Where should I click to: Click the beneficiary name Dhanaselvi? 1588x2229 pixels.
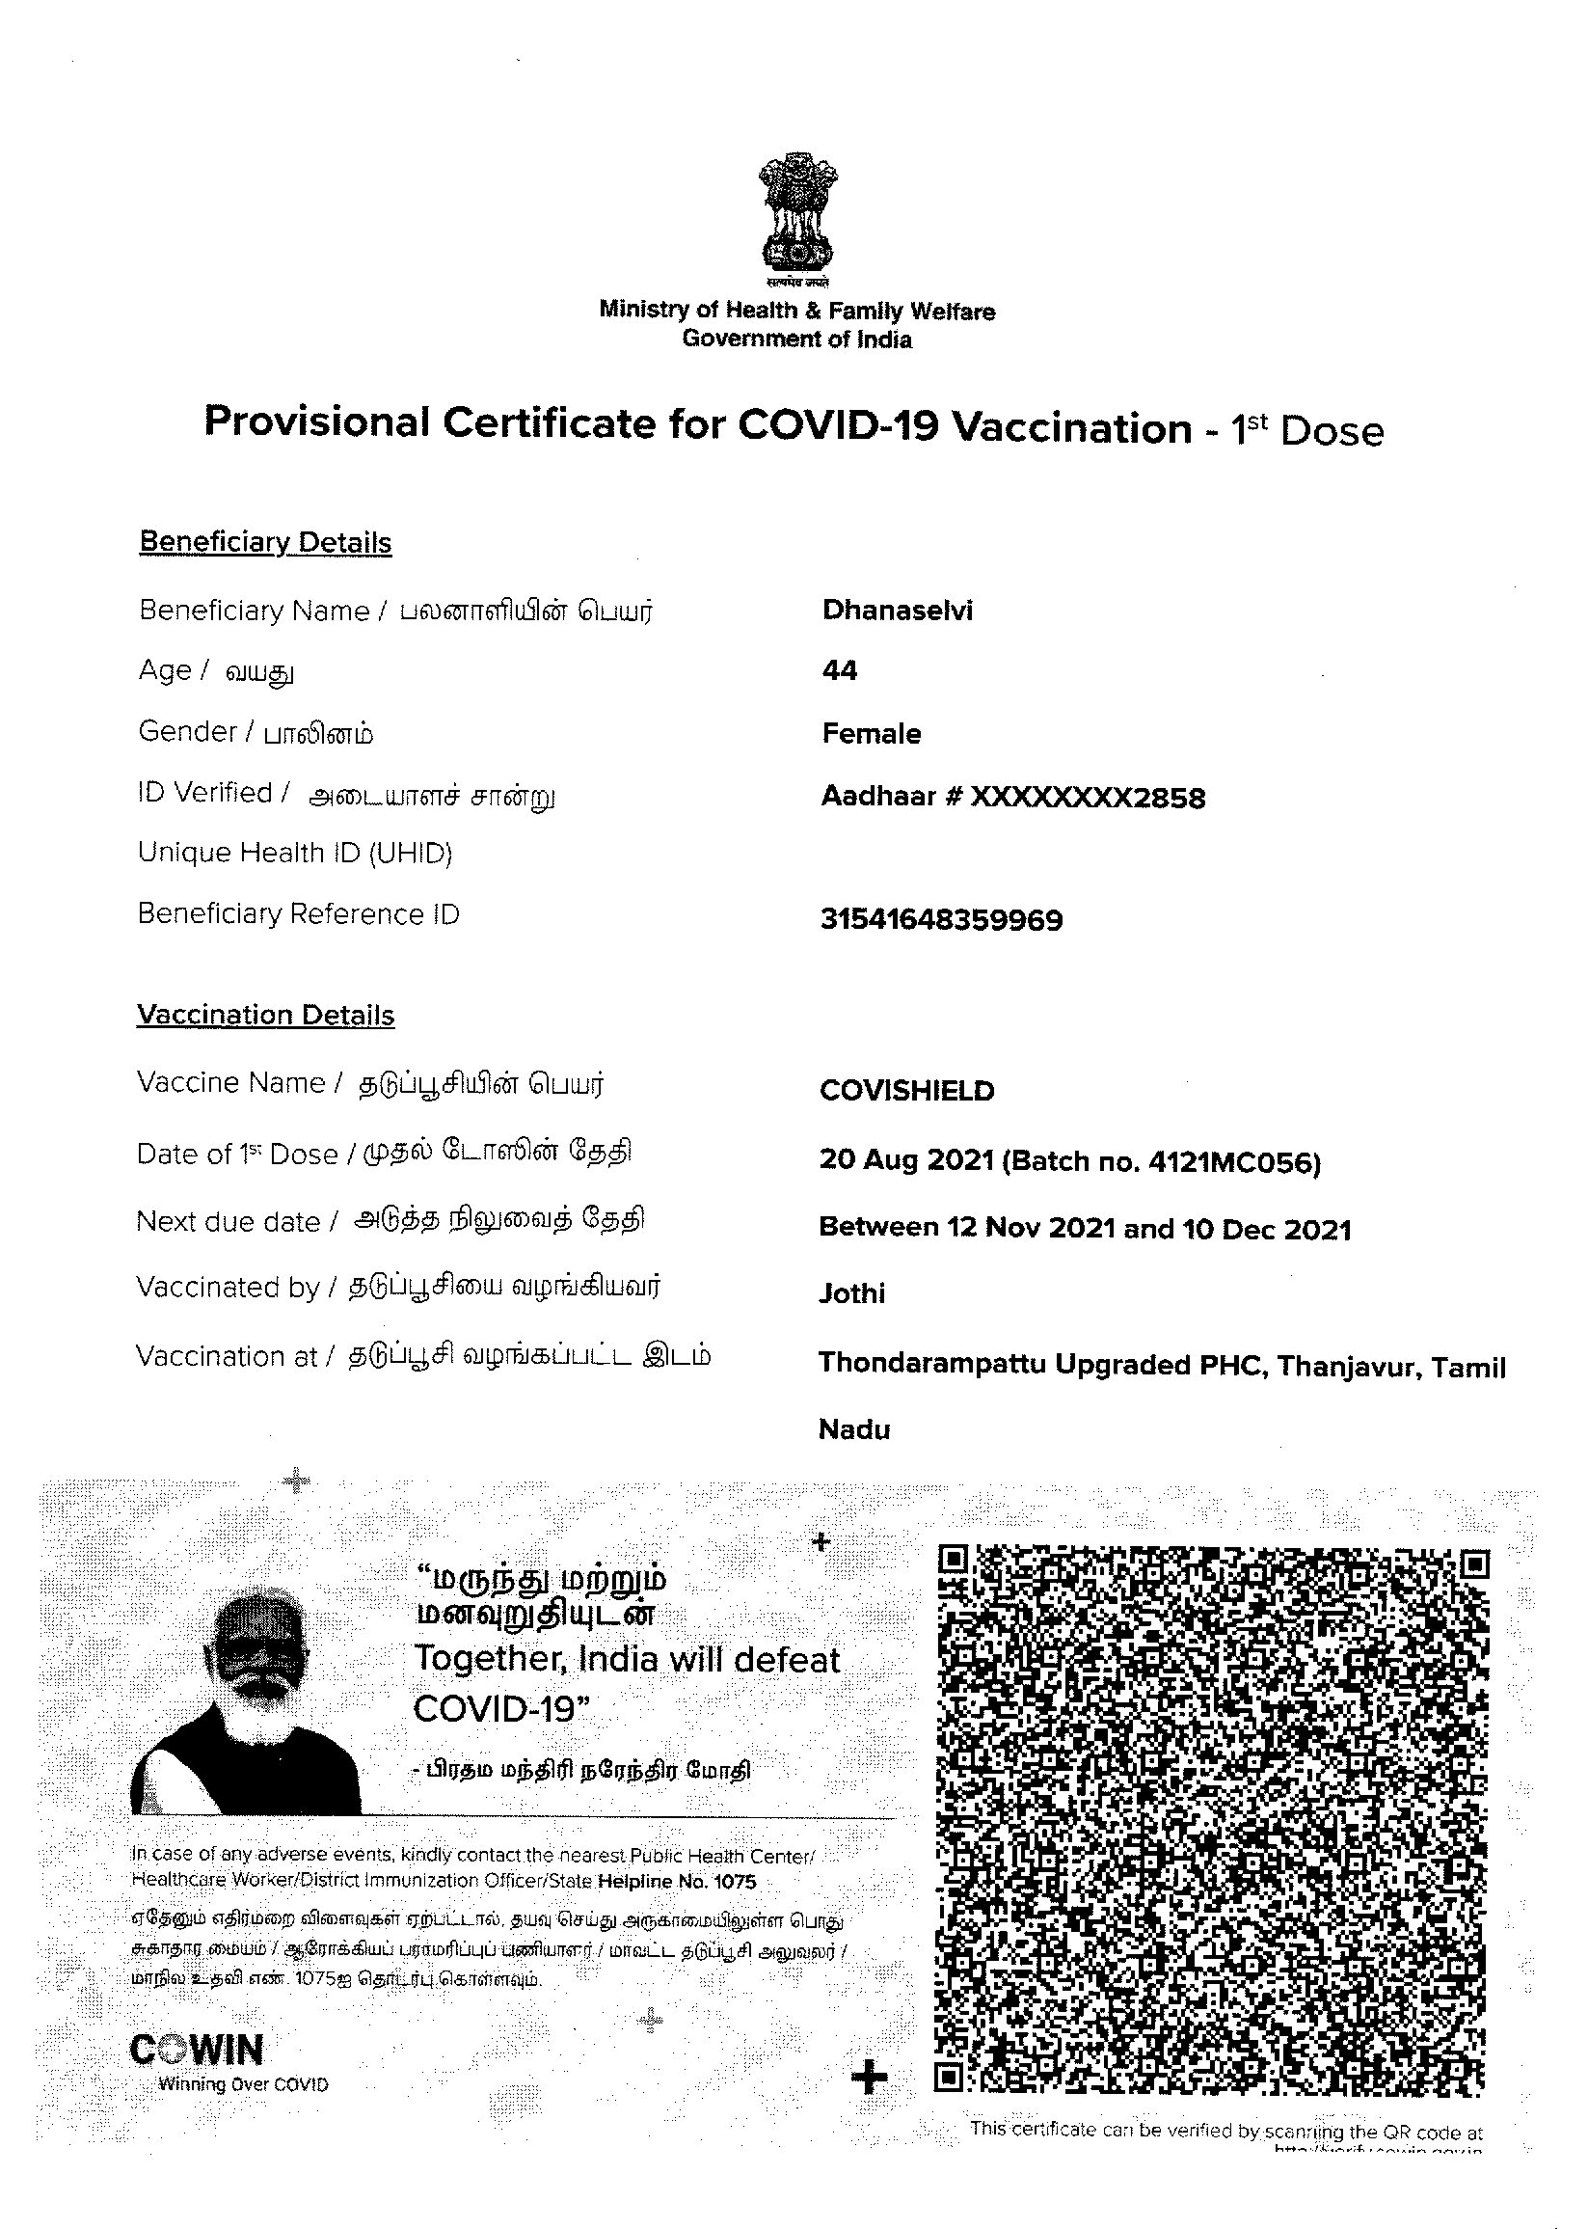coord(897,611)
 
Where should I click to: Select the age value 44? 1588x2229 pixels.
coord(839,671)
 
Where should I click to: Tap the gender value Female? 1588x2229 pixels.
coord(872,734)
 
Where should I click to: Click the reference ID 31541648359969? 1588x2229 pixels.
coord(941,919)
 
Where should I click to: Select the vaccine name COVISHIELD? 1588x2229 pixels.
coord(906,1091)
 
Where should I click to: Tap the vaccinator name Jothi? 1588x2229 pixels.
coord(851,1293)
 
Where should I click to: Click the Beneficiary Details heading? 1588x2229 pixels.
coord(265,543)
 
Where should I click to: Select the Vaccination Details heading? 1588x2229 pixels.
coord(265,1016)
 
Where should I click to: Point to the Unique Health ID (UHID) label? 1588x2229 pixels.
coord(294,853)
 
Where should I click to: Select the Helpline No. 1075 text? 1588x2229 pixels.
coord(676,1881)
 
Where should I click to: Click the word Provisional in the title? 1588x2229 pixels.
coord(317,423)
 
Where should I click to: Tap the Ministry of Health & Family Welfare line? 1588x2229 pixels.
coord(797,311)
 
